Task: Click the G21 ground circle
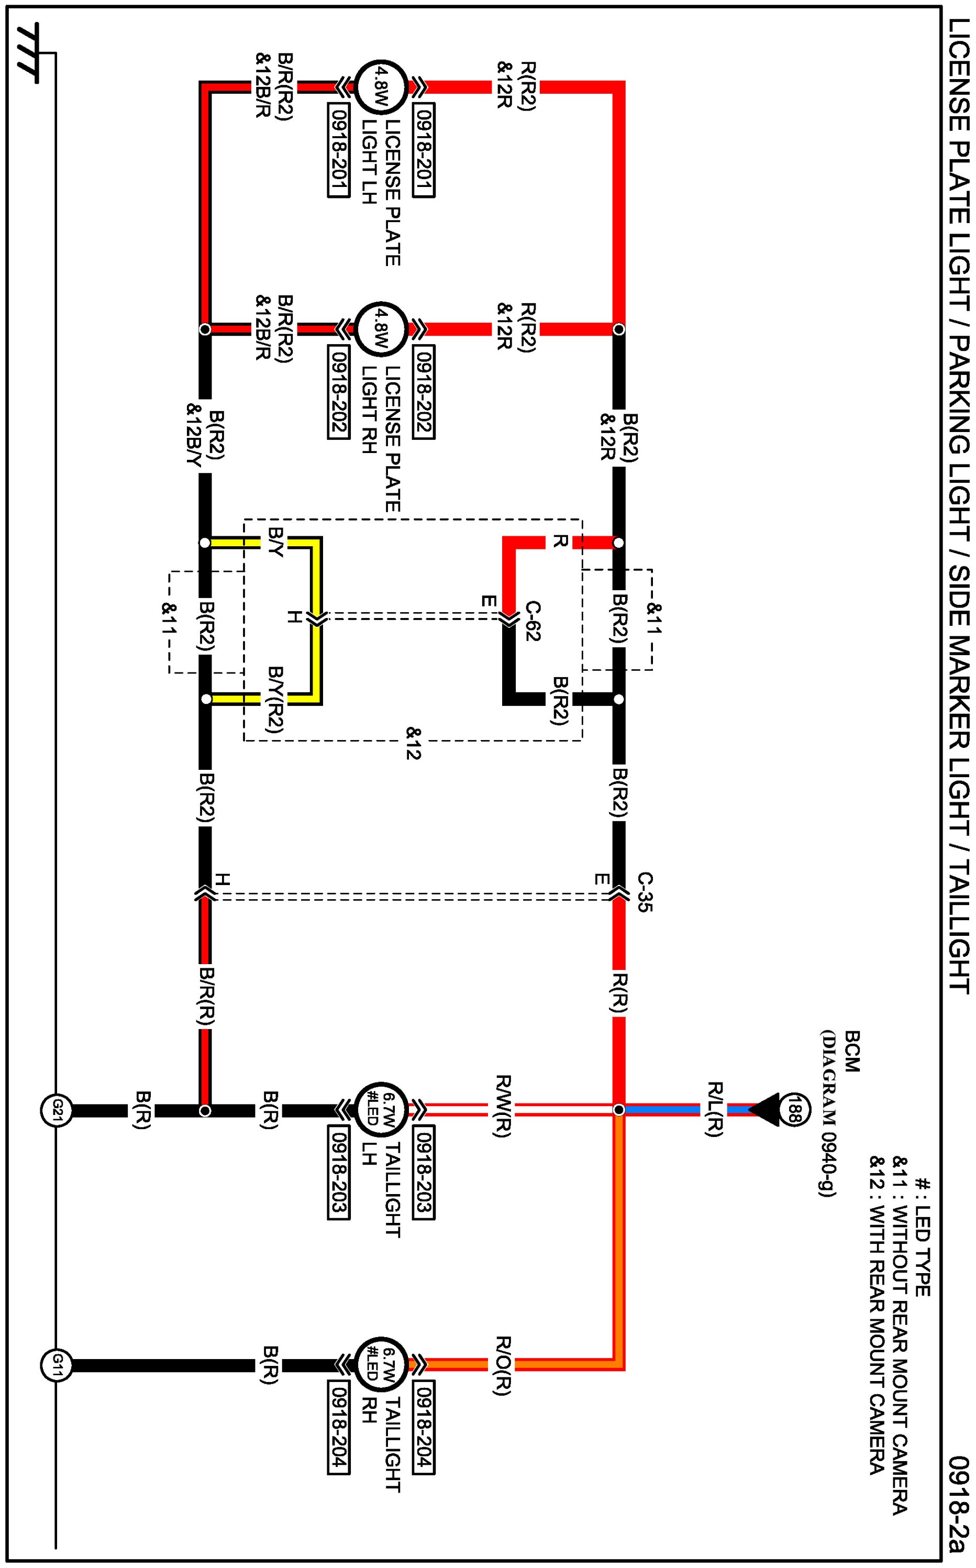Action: coord(56,1110)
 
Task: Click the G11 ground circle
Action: coord(56,1365)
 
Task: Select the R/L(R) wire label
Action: coord(714,1109)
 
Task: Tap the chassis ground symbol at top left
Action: coord(29,55)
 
